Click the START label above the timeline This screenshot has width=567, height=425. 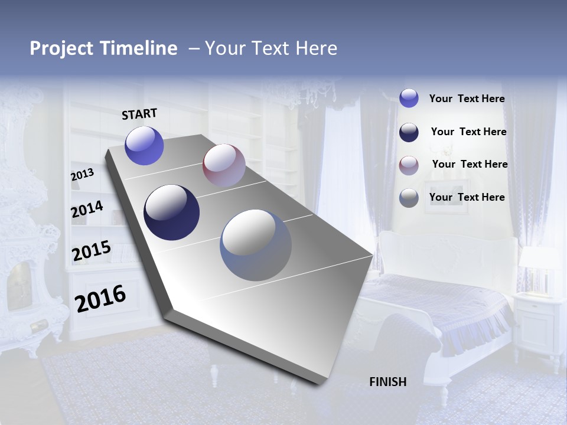(139, 114)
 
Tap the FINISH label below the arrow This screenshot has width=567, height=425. (388, 382)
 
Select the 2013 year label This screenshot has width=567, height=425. (82, 175)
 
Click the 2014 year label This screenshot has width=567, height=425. (87, 210)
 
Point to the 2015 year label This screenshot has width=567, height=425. (91, 251)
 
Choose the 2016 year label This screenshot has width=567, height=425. (100, 298)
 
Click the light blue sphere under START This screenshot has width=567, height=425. (144, 146)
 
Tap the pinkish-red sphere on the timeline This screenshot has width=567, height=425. (224, 165)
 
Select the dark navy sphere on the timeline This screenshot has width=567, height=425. (171, 212)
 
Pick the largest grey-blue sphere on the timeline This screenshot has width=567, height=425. (256, 245)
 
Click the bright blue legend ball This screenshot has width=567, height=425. (409, 98)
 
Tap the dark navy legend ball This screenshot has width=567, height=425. (409, 132)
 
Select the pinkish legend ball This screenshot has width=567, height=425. (409, 165)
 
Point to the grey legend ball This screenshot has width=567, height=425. (409, 198)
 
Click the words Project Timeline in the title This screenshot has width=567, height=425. (103, 48)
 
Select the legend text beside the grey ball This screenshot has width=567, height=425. (467, 197)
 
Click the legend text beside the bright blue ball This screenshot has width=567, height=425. (467, 99)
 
